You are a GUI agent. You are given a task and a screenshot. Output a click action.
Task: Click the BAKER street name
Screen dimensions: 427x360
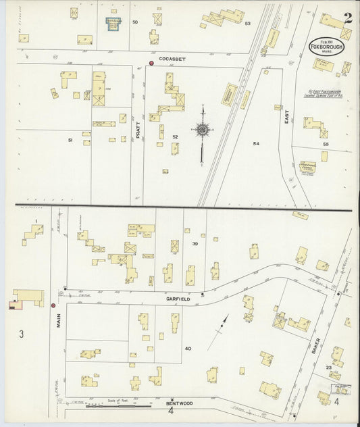point(315,349)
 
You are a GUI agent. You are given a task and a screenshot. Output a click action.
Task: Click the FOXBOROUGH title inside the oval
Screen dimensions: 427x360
point(326,47)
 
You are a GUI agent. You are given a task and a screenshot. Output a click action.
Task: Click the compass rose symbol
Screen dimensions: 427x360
point(201,128)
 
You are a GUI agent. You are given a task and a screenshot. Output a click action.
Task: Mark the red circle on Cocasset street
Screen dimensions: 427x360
point(151,64)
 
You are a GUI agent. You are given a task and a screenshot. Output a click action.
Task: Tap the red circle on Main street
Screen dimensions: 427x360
point(53,305)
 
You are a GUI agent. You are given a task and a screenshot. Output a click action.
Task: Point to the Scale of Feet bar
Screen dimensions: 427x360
point(118,405)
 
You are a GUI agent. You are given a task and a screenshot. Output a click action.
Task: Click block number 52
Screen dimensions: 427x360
point(175,137)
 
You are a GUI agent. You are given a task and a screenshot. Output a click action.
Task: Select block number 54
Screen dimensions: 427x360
point(256,144)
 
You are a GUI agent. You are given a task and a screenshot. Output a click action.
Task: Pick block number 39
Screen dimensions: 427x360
point(195,243)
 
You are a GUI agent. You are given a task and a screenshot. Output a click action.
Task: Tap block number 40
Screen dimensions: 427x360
point(188,349)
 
